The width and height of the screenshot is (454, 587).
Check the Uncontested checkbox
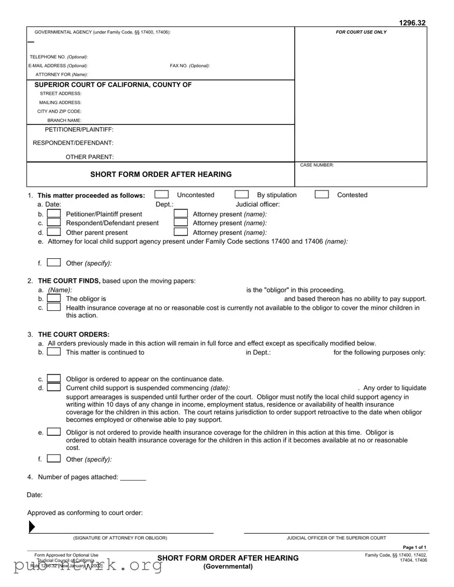coord(161,194)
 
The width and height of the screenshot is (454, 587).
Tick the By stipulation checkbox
coord(242,194)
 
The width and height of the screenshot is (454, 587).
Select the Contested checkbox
coord(322,194)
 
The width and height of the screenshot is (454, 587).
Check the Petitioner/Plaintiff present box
coord(53,213)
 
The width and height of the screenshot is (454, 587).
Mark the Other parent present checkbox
coord(53,232)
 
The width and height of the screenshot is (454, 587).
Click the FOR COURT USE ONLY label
coord(361,32)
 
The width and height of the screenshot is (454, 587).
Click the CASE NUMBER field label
coord(317,165)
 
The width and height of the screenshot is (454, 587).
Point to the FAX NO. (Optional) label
coord(189,66)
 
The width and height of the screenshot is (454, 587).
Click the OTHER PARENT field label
coord(90,157)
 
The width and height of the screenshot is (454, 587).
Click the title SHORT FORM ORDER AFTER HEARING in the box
coord(161,174)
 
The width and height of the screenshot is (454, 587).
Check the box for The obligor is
coord(53,299)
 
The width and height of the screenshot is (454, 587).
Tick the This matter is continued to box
coord(53,352)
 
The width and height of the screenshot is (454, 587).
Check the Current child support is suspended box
coord(53,388)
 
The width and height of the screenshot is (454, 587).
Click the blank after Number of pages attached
coord(133,477)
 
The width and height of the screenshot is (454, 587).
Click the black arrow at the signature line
coord(32,527)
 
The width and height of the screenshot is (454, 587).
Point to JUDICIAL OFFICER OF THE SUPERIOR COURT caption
coord(336,538)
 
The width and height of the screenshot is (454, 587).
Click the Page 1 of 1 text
coord(415,547)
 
